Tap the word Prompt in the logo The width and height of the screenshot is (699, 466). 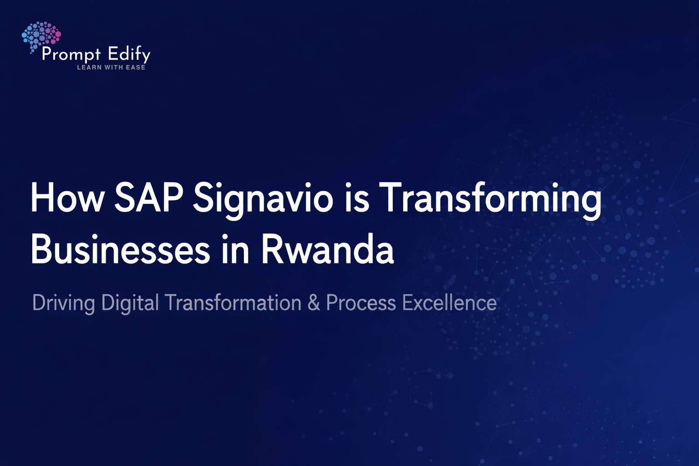pyautogui.click(x=71, y=54)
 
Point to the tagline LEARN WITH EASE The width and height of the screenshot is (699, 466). pyautogui.click(x=111, y=67)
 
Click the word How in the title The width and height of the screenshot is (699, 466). pyautogui.click(x=67, y=198)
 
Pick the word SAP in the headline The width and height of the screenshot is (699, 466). pyautogui.click(x=148, y=198)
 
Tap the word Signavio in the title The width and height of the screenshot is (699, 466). pyautogui.click(x=263, y=200)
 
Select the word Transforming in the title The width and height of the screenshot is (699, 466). pyautogui.click(x=490, y=200)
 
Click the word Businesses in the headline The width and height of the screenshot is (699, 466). pyautogui.click(x=121, y=249)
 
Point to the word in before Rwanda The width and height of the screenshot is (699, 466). pyautogui.click(x=235, y=249)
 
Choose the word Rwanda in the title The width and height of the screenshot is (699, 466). pyautogui.click(x=327, y=249)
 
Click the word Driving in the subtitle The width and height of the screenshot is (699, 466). pyautogui.click(x=63, y=304)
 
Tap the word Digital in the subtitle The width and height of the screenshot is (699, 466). pyautogui.click(x=130, y=304)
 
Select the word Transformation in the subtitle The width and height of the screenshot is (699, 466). pyautogui.click(x=233, y=303)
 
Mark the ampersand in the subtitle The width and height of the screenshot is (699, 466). pyautogui.click(x=314, y=303)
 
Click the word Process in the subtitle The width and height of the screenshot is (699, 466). pyautogui.click(x=361, y=303)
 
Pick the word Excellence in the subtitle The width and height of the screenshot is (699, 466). pyautogui.click(x=449, y=303)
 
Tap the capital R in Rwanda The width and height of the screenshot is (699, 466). pyautogui.click(x=272, y=249)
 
